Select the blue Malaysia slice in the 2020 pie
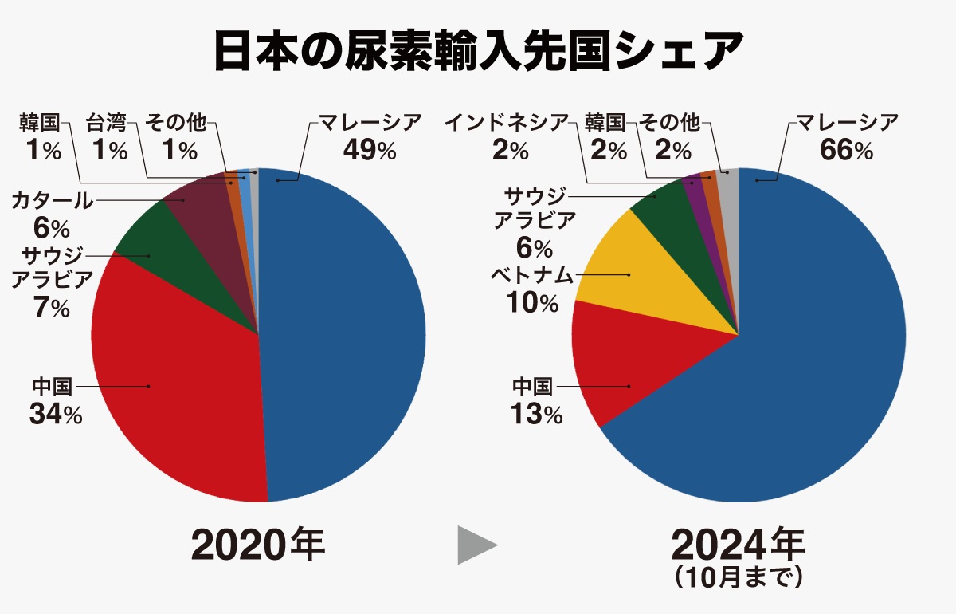(x=343, y=335)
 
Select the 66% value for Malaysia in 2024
(x=847, y=150)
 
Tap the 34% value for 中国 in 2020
(x=55, y=414)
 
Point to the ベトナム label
(x=532, y=275)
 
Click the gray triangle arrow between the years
(x=476, y=545)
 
